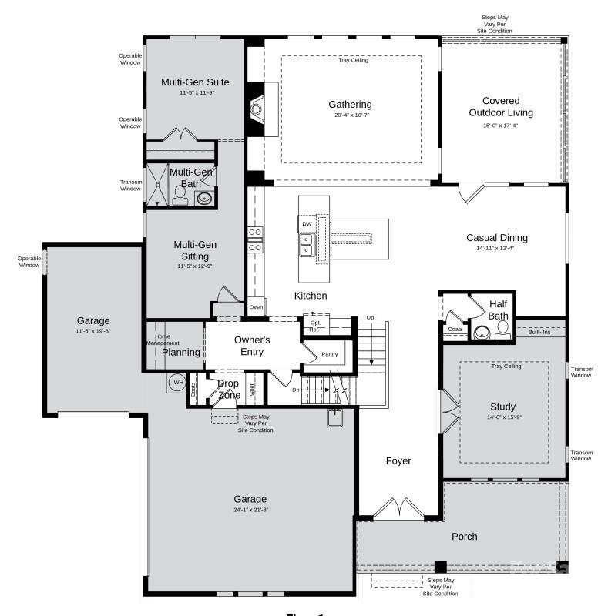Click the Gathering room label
(350, 105)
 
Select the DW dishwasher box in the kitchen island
(307, 224)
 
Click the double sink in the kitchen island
(307, 245)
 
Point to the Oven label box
(256, 307)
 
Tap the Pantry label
(330, 354)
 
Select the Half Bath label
(498, 310)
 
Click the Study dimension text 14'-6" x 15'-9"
(502, 418)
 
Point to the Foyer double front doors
(398, 509)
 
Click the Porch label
(464, 537)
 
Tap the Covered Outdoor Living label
(501, 107)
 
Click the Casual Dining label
(496, 238)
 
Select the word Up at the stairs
(370, 317)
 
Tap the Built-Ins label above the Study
(539, 332)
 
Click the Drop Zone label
(228, 390)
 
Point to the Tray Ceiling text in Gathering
(353, 60)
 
